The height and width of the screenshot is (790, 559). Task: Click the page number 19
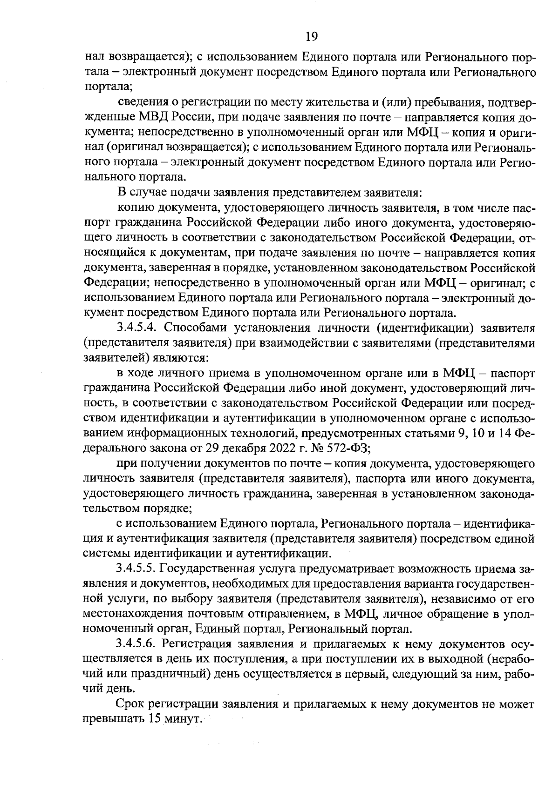pos(311,36)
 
